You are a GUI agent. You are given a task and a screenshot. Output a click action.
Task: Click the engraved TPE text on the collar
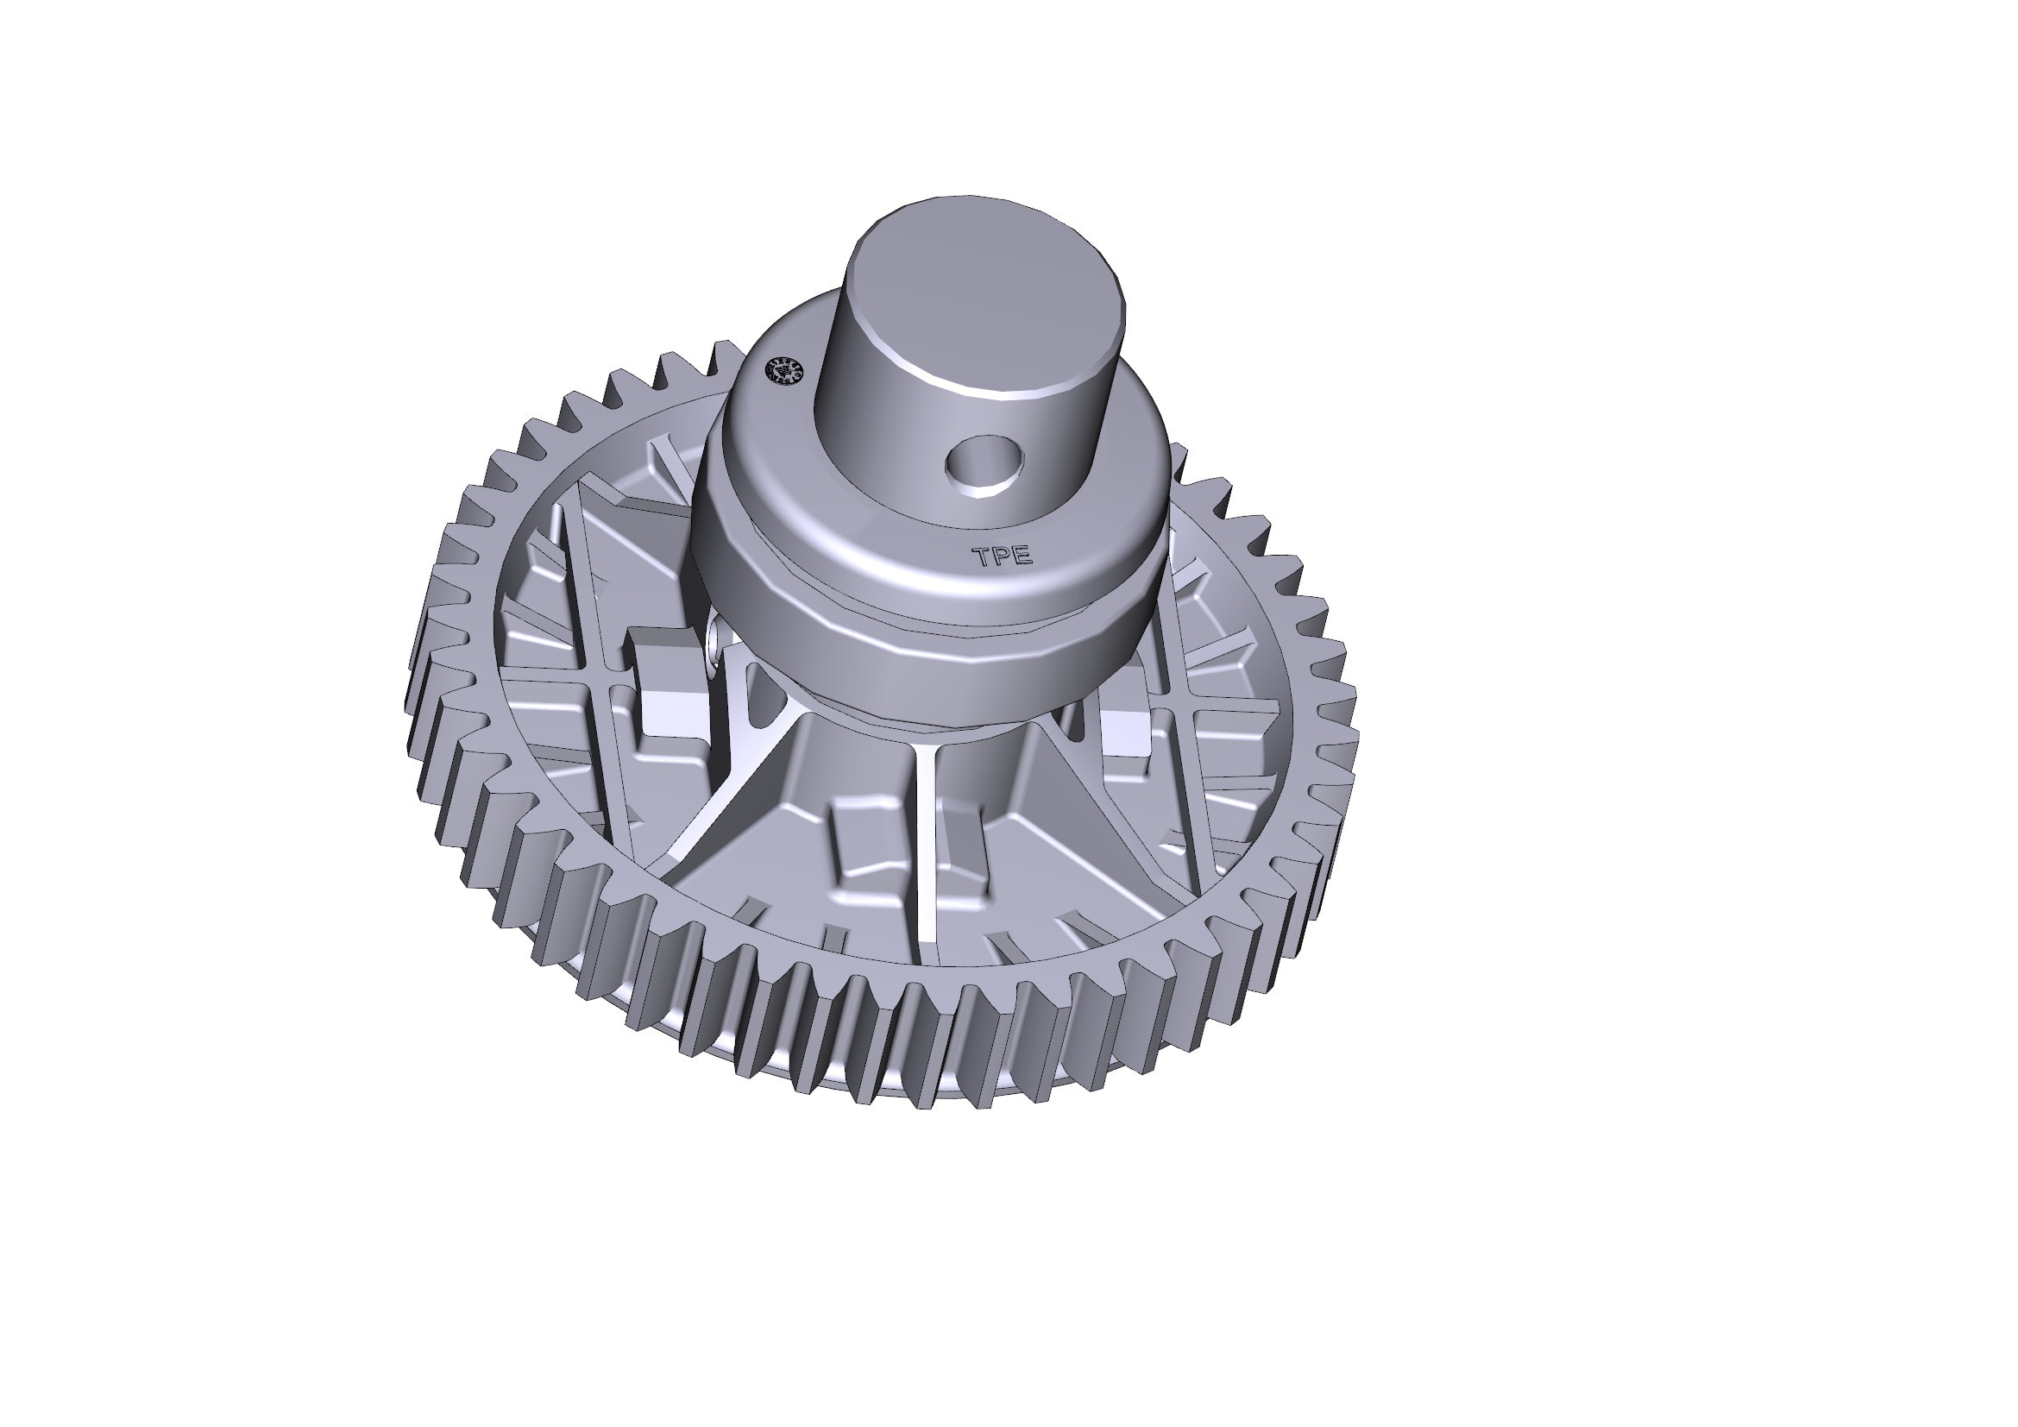[x=1001, y=556]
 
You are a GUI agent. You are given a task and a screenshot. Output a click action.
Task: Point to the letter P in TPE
[x=1001, y=556]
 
